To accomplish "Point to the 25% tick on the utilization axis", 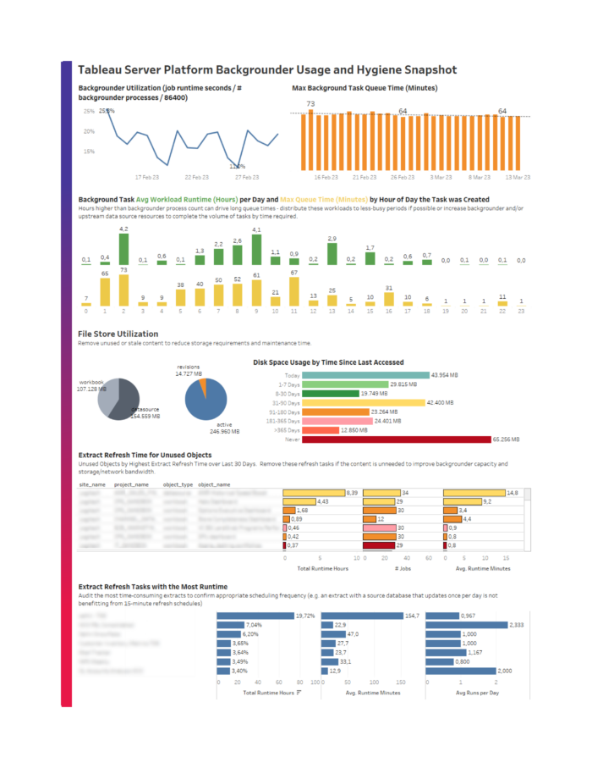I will coord(88,111).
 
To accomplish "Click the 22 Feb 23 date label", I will coord(195,177).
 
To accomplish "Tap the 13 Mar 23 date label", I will coord(517,177).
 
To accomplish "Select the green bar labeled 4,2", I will coord(123,250).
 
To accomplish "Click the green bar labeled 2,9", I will coord(332,254).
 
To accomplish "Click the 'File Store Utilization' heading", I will coord(118,334).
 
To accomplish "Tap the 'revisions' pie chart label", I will coord(187,367).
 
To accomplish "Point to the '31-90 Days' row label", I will coord(283,403).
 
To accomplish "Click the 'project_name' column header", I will coord(131,484).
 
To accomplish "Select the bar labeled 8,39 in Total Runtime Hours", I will coord(313,493).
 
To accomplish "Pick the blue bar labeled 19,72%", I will coord(255,616).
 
